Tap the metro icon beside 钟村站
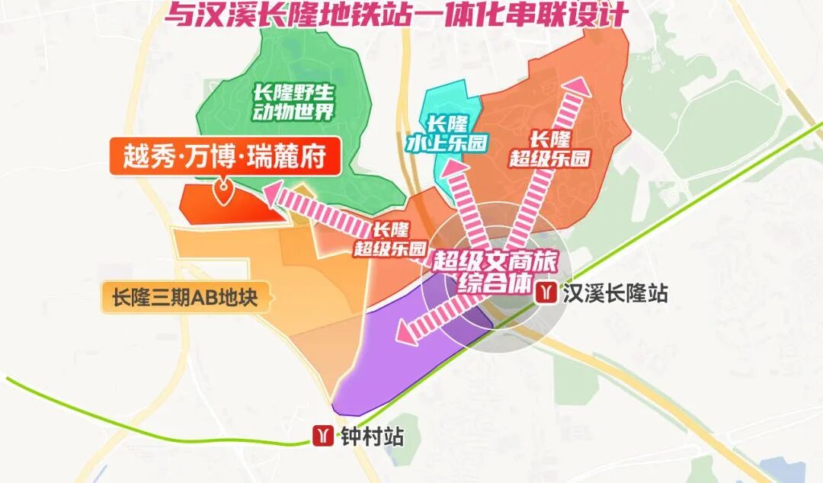pyautogui.click(x=323, y=436)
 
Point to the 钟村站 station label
pyautogui.click(x=371, y=437)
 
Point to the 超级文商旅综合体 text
pyautogui.click(x=496, y=271)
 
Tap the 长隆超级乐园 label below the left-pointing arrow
pyautogui.click(x=390, y=238)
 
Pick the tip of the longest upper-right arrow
pyautogui.click(x=578, y=83)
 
